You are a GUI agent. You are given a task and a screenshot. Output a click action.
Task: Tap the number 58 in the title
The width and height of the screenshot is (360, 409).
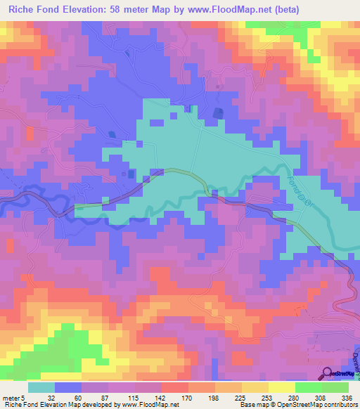[121, 9]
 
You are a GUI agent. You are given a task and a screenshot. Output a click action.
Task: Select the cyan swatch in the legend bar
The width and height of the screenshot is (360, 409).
[41, 388]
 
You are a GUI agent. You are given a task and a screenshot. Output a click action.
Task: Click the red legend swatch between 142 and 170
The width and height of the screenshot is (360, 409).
[175, 388]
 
